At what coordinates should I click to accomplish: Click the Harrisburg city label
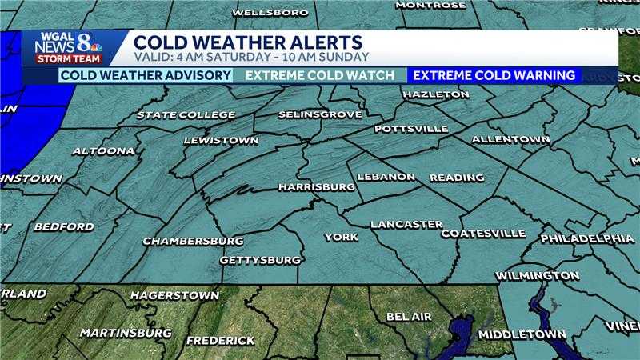click(x=316, y=186)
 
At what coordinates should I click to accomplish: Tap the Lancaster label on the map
click(x=406, y=224)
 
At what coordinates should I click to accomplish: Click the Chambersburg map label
click(x=193, y=241)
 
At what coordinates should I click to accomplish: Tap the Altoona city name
click(x=103, y=150)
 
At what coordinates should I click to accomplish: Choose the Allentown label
click(x=510, y=139)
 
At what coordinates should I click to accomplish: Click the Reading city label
click(x=457, y=177)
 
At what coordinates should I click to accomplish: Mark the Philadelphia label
click(x=587, y=238)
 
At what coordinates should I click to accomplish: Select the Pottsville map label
click(x=410, y=128)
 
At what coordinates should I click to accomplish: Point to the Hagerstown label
click(x=174, y=295)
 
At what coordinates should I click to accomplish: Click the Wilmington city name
click(x=537, y=275)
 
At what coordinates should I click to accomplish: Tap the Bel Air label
click(x=409, y=317)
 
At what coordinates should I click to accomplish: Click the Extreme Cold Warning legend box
click(x=494, y=76)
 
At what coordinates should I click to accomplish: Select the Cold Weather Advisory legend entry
click(x=146, y=76)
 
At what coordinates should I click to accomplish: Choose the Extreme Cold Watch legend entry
click(x=320, y=76)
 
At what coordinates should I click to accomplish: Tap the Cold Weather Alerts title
click(x=248, y=42)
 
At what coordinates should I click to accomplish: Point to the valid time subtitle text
click(x=251, y=57)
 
